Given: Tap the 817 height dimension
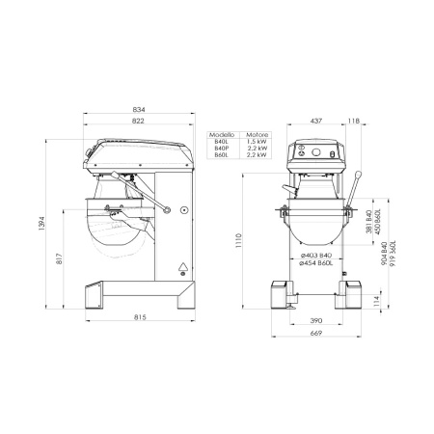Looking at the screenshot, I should click(x=60, y=253).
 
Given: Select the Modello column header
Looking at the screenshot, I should click(x=224, y=134).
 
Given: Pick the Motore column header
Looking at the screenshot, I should click(x=257, y=134).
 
